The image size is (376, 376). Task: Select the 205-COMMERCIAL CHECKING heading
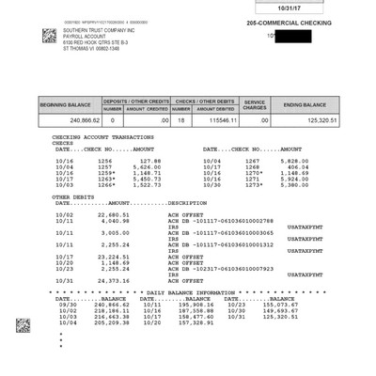point(288,22)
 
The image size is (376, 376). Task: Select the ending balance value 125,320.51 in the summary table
point(318,120)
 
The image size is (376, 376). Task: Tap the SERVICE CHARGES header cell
point(255,104)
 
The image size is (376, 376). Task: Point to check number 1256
point(105,161)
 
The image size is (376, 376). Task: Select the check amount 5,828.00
point(280,161)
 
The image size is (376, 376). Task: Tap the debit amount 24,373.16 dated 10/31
point(126,281)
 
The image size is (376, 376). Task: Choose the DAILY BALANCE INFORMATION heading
point(200,292)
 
